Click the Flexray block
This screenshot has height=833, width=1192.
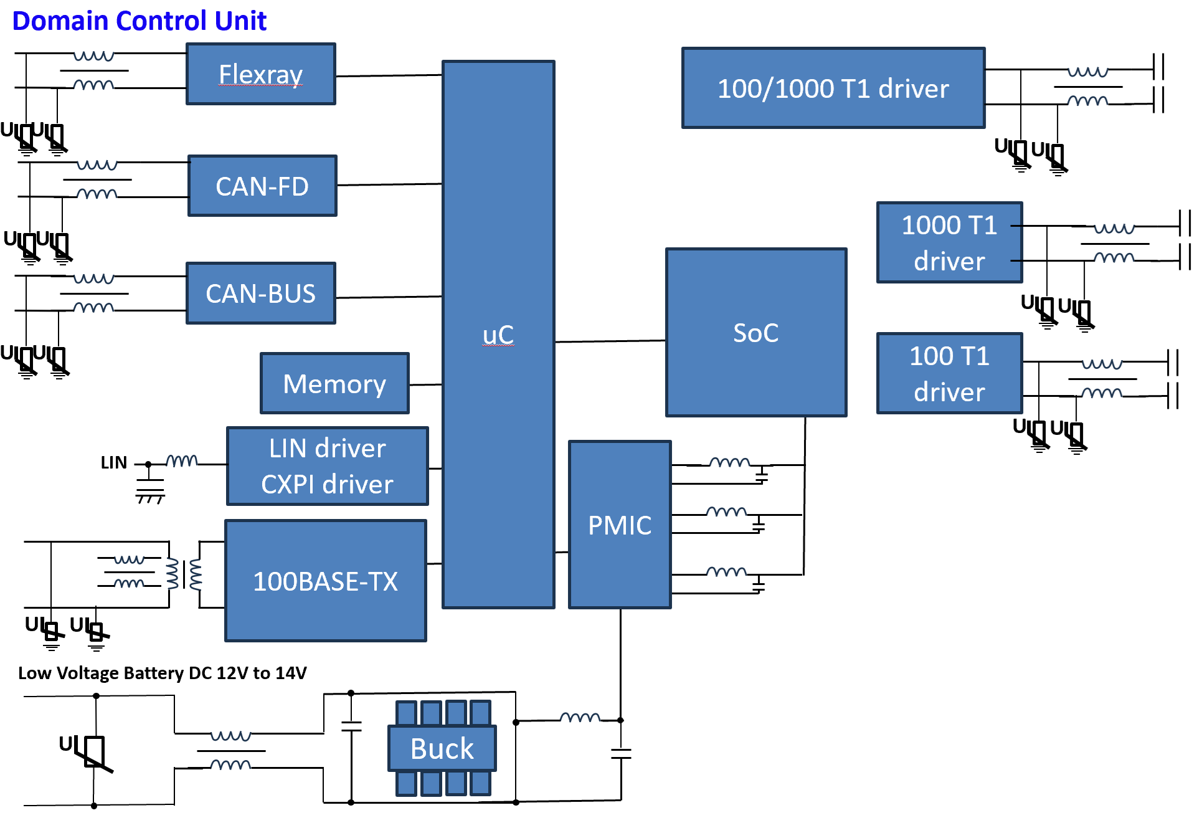click(261, 74)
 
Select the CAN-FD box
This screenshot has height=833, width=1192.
click(262, 186)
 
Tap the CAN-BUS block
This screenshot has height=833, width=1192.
click(261, 293)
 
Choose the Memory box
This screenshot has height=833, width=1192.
click(334, 384)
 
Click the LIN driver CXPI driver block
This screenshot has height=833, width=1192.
click(328, 466)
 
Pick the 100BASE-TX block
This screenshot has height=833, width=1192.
click(326, 581)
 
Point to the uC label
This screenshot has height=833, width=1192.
click(498, 335)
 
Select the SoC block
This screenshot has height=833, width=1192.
click(756, 333)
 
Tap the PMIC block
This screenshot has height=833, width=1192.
click(620, 525)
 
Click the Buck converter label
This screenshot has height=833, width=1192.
click(442, 748)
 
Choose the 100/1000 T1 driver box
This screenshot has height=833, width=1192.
click(833, 88)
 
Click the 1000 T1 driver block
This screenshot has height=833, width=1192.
click(949, 243)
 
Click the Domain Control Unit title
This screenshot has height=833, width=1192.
click(139, 21)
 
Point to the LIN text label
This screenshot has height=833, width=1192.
click(113, 462)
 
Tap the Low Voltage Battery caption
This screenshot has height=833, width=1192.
click(162, 673)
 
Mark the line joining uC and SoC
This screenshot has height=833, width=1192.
click(610, 341)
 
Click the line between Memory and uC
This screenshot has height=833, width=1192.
click(425, 385)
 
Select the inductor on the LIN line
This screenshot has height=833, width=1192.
click(182, 461)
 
